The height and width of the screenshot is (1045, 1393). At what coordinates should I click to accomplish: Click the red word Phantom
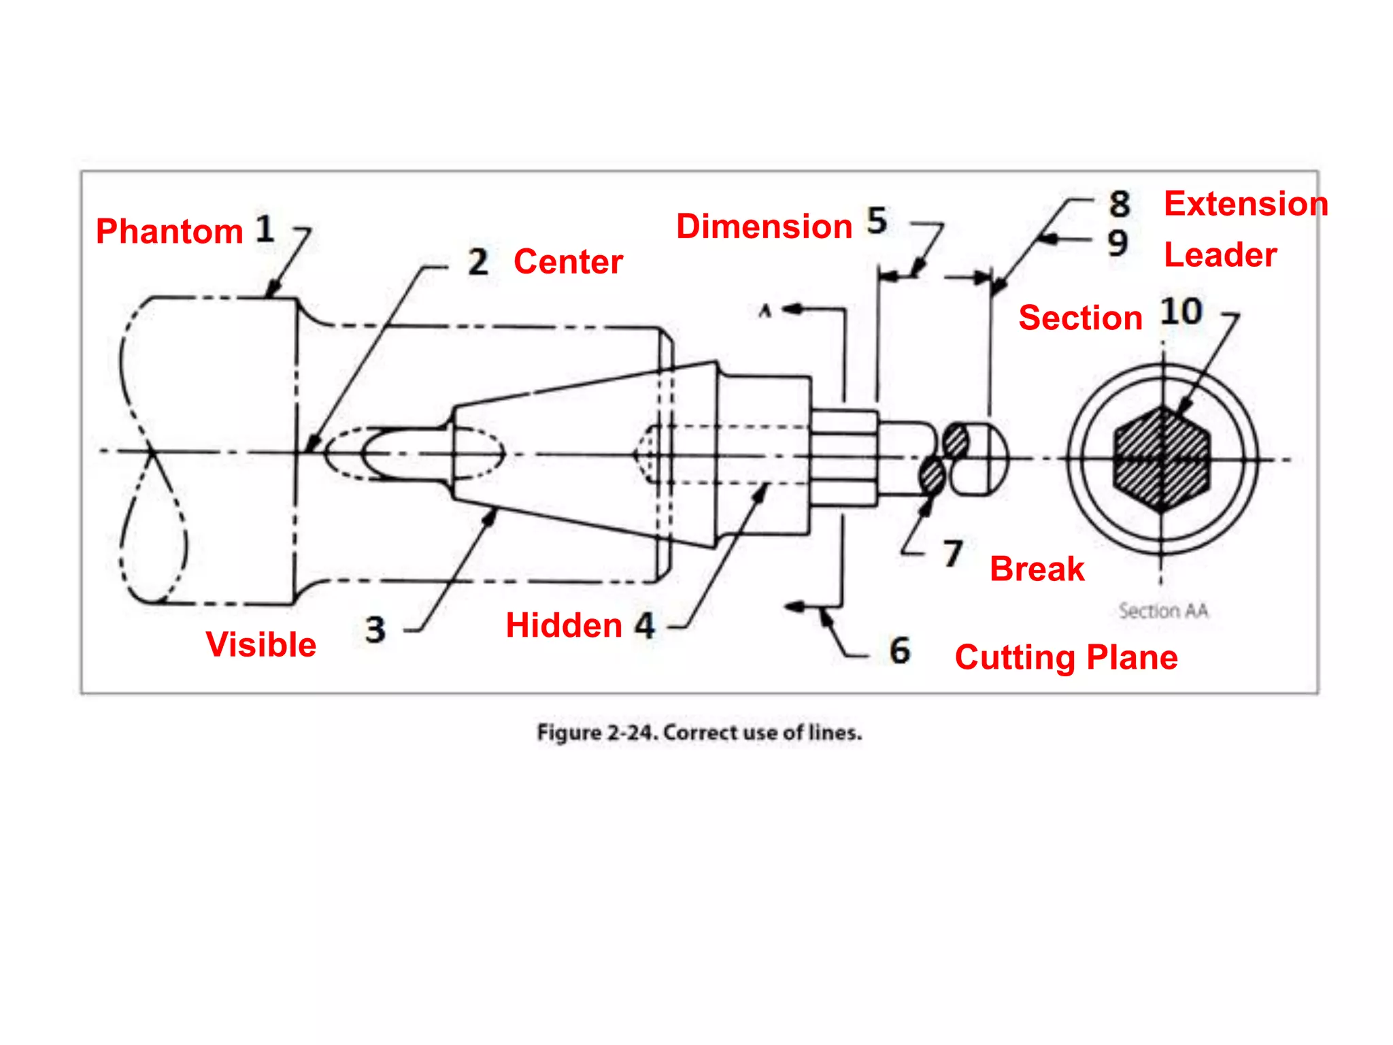pos(169,231)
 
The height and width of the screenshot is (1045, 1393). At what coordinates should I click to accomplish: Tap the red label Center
pos(568,262)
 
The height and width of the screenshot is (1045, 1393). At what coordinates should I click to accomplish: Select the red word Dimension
pos(764,226)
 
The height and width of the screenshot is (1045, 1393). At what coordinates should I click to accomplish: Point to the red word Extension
pos(1245,204)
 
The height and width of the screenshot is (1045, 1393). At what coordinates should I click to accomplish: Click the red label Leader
pos(1220,255)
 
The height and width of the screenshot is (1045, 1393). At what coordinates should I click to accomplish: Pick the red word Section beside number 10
pos(1080,318)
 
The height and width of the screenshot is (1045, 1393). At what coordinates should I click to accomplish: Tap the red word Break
pos(1037,569)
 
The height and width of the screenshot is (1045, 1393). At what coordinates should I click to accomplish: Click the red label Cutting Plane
pos(1066,657)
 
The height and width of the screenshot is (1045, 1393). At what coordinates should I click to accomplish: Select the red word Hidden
pos(564,625)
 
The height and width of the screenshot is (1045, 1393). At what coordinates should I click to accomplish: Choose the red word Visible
pos(261,644)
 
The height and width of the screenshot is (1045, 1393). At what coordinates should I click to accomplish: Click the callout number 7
pos(953,554)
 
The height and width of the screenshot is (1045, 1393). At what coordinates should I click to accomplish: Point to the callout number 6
pos(900,650)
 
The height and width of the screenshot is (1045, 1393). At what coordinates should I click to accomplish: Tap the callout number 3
pos(375,630)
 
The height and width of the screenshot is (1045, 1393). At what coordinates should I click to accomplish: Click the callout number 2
pos(478,262)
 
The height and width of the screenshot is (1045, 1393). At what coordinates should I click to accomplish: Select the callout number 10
pos(1181,312)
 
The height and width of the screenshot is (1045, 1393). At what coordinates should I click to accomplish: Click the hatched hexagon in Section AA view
pos(1162,460)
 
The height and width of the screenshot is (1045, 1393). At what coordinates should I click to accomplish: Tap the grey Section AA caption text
pos(1163,611)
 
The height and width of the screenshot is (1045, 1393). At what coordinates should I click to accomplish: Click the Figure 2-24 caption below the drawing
pos(699,733)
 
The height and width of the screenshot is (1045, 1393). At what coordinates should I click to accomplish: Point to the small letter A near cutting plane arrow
pos(765,312)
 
